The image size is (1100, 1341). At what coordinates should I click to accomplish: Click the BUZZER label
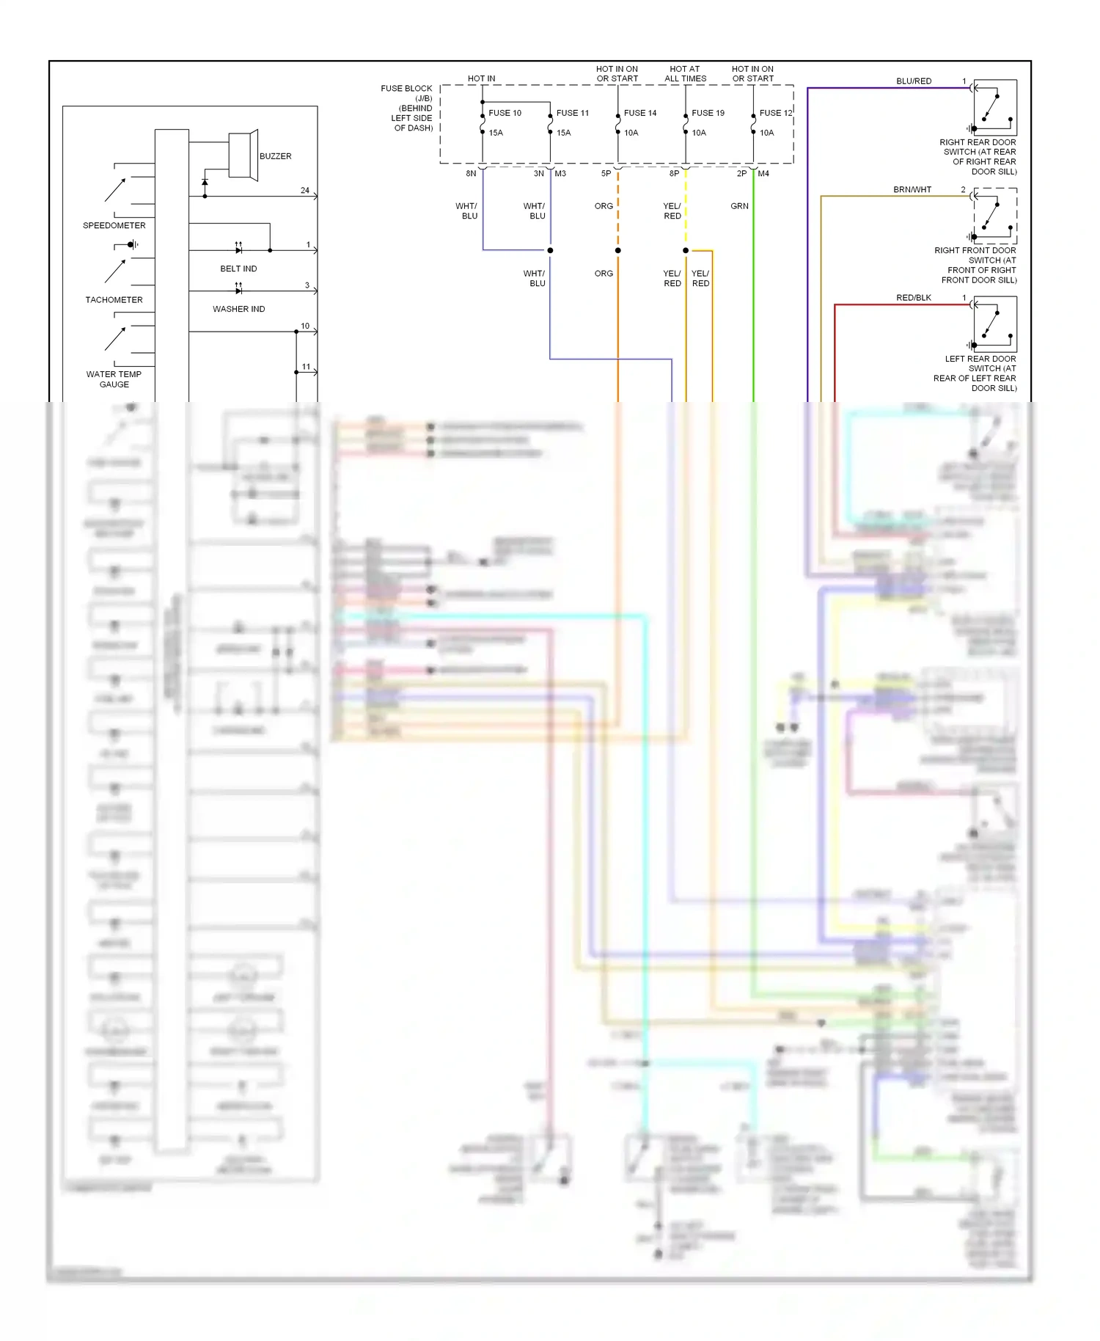(x=275, y=156)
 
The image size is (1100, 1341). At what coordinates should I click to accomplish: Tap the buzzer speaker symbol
(x=243, y=155)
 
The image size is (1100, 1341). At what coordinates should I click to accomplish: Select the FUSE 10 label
(x=505, y=113)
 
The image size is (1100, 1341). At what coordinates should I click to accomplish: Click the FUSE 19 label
(x=708, y=113)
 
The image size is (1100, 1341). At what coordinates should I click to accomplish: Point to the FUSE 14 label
(x=640, y=113)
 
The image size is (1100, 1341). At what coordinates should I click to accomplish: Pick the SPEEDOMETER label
(x=114, y=225)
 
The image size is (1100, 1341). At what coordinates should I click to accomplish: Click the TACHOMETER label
(x=114, y=300)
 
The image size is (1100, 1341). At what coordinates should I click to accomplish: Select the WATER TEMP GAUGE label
(x=114, y=379)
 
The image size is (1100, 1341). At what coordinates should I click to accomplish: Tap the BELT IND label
(x=238, y=268)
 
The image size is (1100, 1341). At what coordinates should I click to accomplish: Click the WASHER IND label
(x=238, y=309)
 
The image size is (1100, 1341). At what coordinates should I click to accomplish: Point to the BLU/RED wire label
(x=914, y=81)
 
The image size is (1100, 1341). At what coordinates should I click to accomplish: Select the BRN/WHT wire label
(x=912, y=189)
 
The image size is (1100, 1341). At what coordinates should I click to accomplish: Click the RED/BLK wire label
(x=914, y=298)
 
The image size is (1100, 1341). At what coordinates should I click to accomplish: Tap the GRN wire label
(x=739, y=206)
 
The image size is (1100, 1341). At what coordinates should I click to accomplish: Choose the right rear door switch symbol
(x=995, y=108)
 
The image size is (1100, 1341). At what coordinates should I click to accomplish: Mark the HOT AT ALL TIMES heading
(x=685, y=73)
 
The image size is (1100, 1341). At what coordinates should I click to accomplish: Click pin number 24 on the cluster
(x=305, y=190)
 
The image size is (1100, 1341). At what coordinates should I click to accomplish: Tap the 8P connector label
(x=674, y=174)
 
